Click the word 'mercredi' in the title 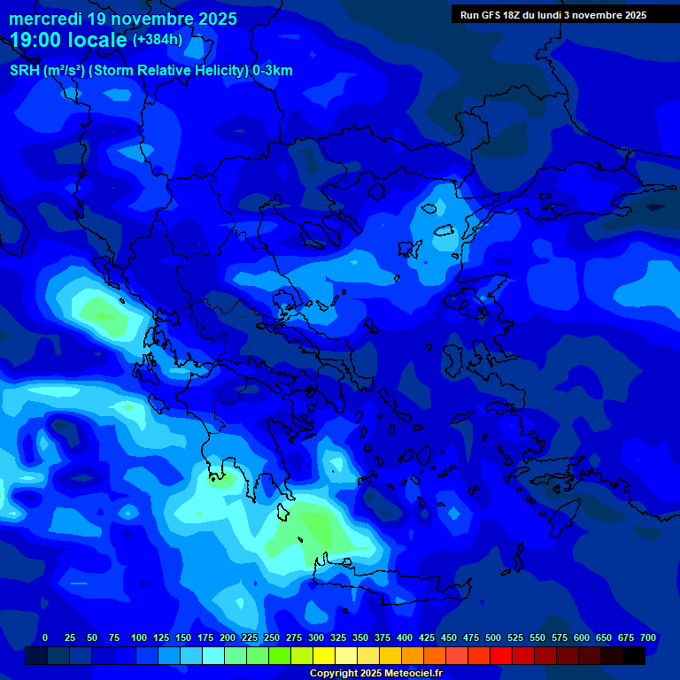pos(45,19)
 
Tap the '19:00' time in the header pos(35,39)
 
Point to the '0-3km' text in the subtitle pos(273,71)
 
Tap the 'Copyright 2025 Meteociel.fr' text pos(375,674)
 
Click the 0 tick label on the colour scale pos(45,637)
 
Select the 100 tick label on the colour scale pos(139,637)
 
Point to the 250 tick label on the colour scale pos(272,637)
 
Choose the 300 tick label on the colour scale pos(316,637)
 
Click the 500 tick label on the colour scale pos(493,637)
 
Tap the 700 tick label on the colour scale pos(648,637)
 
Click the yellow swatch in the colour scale pos(324,656)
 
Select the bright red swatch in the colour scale pos(501,656)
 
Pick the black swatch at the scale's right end pos(634,656)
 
